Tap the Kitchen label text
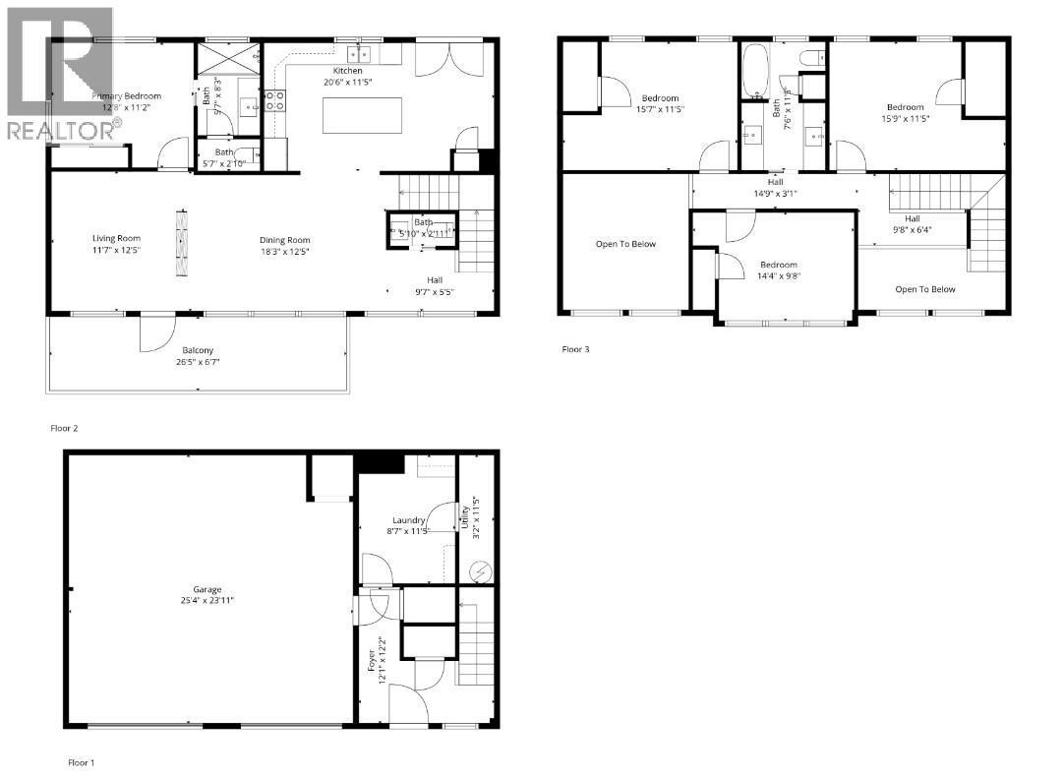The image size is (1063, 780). coord(347,71)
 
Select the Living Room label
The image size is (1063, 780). coord(117,238)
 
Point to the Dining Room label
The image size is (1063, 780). coord(285,240)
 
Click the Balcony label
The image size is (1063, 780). coord(197,350)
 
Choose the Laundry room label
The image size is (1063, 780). coord(408,520)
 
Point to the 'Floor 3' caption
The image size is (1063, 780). coord(576,348)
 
